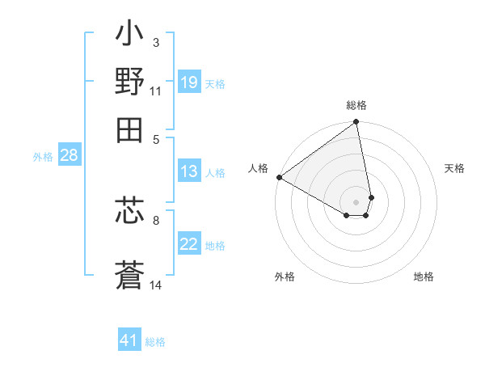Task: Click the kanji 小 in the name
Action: tap(130, 37)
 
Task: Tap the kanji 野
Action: tap(130, 82)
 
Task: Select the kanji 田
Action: tap(130, 127)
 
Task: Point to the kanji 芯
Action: tap(130, 212)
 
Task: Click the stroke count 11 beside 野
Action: tap(156, 91)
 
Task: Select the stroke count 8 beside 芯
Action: tap(156, 219)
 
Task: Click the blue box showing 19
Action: tap(188, 82)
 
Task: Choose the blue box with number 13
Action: tap(188, 171)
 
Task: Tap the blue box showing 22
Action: tap(188, 244)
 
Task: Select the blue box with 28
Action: tap(69, 156)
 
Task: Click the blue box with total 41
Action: tap(129, 341)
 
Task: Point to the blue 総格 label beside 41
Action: tap(155, 342)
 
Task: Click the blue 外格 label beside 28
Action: tap(43, 157)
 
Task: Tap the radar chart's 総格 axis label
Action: tap(356, 106)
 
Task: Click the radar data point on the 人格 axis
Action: tap(279, 177)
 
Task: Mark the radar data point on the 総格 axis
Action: tap(356, 123)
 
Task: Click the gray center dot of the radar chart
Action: tap(356, 201)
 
